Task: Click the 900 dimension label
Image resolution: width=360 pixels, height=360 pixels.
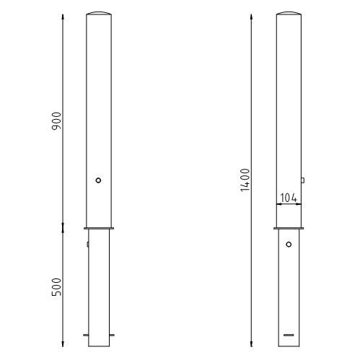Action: coord(57,121)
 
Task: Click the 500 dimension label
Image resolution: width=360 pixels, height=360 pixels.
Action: coord(57,287)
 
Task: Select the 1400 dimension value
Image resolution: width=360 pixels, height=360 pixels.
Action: coord(245,180)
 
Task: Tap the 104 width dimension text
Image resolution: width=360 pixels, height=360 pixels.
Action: coord(289,198)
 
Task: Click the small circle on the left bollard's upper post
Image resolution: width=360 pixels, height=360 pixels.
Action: coord(98,180)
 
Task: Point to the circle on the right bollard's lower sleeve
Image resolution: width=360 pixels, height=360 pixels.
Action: coord(289,245)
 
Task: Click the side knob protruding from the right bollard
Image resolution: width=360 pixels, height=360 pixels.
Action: coord(303,180)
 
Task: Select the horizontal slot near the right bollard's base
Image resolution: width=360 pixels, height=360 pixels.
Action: coord(289,335)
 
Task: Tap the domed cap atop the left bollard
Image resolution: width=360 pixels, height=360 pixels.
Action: coord(99,13)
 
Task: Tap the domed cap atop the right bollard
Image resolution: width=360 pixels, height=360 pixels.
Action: coord(289,13)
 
